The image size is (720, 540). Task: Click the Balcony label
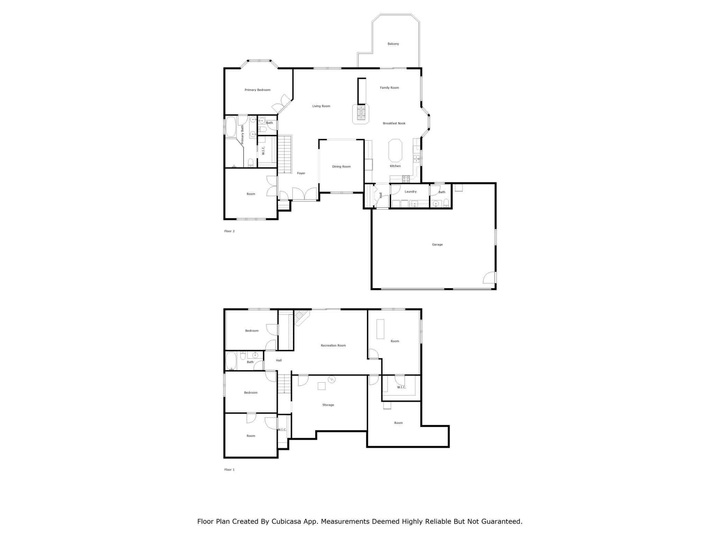point(393,44)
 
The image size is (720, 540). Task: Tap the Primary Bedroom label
point(257,90)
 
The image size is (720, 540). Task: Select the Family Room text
point(389,88)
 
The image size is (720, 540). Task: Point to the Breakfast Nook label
point(394,124)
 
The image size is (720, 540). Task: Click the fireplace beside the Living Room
point(361,113)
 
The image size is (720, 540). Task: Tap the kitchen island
point(395,151)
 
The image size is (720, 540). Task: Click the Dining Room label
point(341,167)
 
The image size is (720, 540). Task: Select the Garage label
point(437,245)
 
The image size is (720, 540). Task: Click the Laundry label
point(411,192)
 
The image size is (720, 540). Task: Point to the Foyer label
point(301,173)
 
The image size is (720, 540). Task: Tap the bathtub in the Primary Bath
point(231,127)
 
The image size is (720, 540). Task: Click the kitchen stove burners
point(406,179)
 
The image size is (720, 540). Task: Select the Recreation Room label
point(333,345)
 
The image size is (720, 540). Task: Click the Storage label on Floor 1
point(328,405)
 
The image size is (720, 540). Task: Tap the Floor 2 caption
point(229,231)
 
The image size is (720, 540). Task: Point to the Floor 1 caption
point(229,470)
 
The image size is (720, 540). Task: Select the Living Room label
point(321,106)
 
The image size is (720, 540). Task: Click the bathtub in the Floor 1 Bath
point(231,361)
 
